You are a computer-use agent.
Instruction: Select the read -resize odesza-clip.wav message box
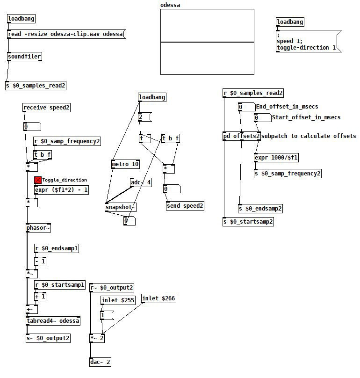(x=66, y=34)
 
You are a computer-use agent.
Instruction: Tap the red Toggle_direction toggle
(x=38, y=180)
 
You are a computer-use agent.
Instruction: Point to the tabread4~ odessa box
(x=53, y=321)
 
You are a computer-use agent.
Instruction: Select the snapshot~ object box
(x=120, y=208)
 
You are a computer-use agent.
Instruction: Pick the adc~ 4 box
(x=141, y=182)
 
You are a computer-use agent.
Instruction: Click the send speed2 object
(x=185, y=206)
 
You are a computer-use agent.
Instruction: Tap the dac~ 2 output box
(x=101, y=362)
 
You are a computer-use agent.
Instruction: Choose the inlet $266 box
(x=158, y=298)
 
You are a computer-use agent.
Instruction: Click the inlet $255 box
(x=118, y=300)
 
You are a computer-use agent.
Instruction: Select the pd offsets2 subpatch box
(x=241, y=136)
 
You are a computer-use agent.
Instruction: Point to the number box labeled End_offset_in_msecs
(x=246, y=107)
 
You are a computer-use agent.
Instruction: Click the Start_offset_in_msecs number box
(x=262, y=117)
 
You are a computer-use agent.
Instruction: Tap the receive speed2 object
(x=47, y=108)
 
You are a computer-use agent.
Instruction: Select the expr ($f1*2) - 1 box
(x=61, y=190)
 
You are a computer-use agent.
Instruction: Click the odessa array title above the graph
(x=170, y=5)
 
